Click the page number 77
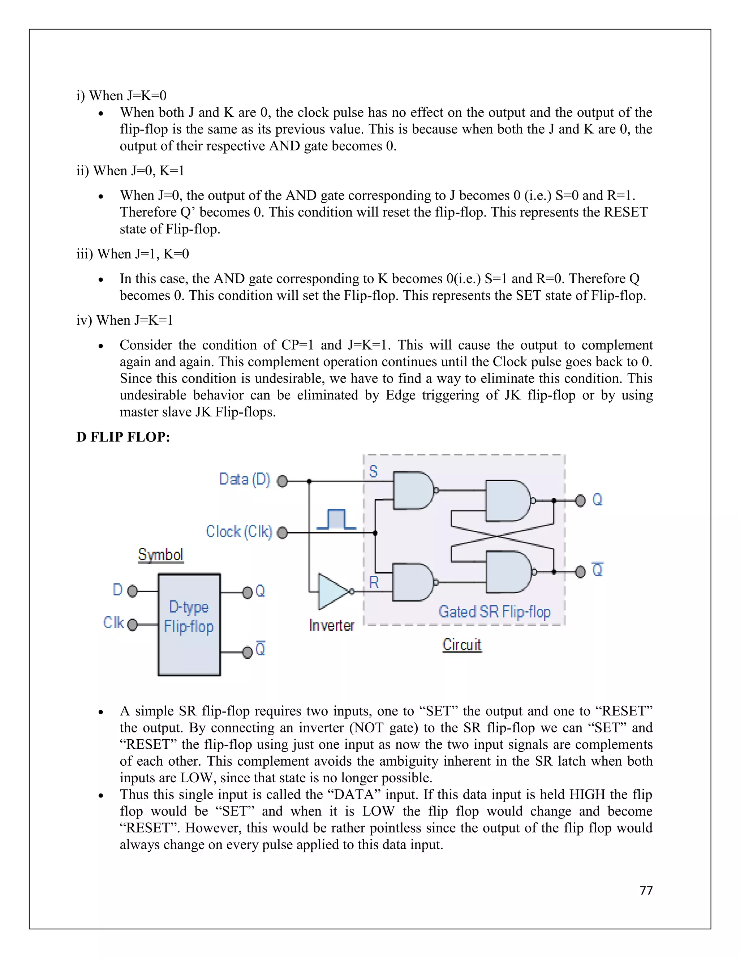[x=646, y=890]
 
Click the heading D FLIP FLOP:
[x=123, y=437]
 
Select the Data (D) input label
[x=245, y=479]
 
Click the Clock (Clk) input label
[x=239, y=532]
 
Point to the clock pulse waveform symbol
[x=336, y=519]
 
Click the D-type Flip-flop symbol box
[x=189, y=625]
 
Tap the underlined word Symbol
[x=160, y=555]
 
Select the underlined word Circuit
[x=462, y=645]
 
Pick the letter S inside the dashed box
[x=373, y=471]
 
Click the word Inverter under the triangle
[x=331, y=625]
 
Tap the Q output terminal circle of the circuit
[x=580, y=500]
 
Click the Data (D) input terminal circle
[x=282, y=481]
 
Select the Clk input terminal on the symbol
[x=132, y=624]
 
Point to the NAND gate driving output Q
[x=508, y=500]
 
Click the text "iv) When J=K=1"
[x=125, y=320]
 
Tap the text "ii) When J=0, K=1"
[x=130, y=170]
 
